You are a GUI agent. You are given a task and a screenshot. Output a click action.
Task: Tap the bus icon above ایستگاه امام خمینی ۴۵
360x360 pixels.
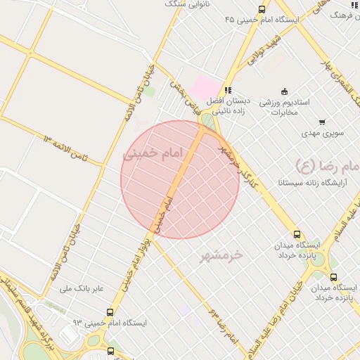coord(262,10)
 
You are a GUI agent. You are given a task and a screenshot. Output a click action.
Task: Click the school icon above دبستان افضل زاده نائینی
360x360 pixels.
coord(227,91)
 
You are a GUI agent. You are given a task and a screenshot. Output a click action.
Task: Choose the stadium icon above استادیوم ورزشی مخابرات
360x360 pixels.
coord(284,91)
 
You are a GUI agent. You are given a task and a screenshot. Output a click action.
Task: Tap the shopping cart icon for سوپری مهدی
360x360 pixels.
coord(322,122)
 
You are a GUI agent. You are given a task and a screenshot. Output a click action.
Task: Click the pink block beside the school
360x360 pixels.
coord(206,88)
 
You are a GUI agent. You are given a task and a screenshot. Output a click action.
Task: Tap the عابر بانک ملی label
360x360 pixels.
coord(80,288)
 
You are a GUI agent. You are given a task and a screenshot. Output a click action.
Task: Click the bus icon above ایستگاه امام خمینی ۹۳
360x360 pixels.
coord(110,312)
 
